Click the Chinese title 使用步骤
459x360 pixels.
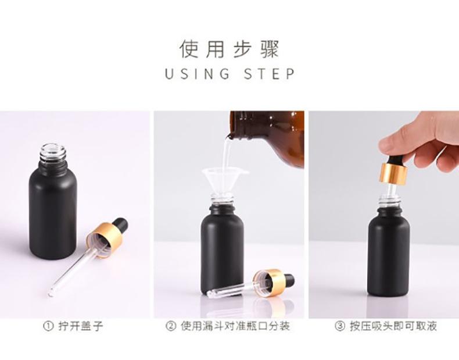pos(229,49)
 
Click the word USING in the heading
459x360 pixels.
pos(198,74)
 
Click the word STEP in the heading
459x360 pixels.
pos(270,74)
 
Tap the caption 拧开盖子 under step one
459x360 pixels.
pos(81,326)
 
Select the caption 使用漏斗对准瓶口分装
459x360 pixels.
pos(235,326)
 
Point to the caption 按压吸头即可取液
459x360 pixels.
pos(393,326)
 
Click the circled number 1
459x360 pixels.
pos(48,326)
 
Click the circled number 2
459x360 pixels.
pos(171,326)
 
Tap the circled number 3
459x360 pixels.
pos(340,326)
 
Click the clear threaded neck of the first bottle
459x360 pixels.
pos(53,153)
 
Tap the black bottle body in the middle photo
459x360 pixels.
pos(222,252)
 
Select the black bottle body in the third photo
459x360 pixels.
pos(389,252)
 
